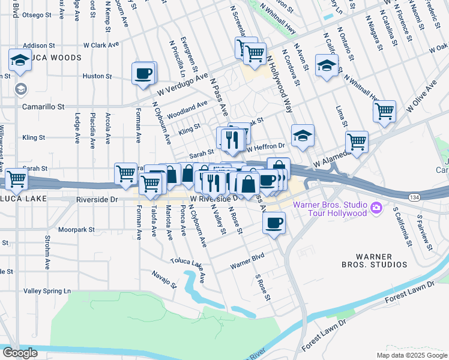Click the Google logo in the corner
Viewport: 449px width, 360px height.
pyautogui.click(x=19, y=352)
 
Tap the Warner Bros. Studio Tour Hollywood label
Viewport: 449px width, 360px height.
pyautogui.click(x=329, y=209)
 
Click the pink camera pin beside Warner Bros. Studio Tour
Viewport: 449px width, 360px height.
pyautogui.click(x=376, y=208)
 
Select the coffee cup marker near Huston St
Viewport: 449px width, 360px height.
pyautogui.click(x=144, y=74)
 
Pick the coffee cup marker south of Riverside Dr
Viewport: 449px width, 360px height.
pyautogui.click(x=274, y=223)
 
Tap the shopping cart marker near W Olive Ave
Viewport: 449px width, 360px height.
pyautogui.click(x=384, y=111)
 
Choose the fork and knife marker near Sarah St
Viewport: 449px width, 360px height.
pyautogui.click(x=231, y=139)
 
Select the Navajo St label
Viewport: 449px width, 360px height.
pyautogui.click(x=164, y=277)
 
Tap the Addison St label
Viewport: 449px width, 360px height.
pyautogui.click(x=43, y=46)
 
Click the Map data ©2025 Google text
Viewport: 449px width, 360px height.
pyautogui.click(x=411, y=355)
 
